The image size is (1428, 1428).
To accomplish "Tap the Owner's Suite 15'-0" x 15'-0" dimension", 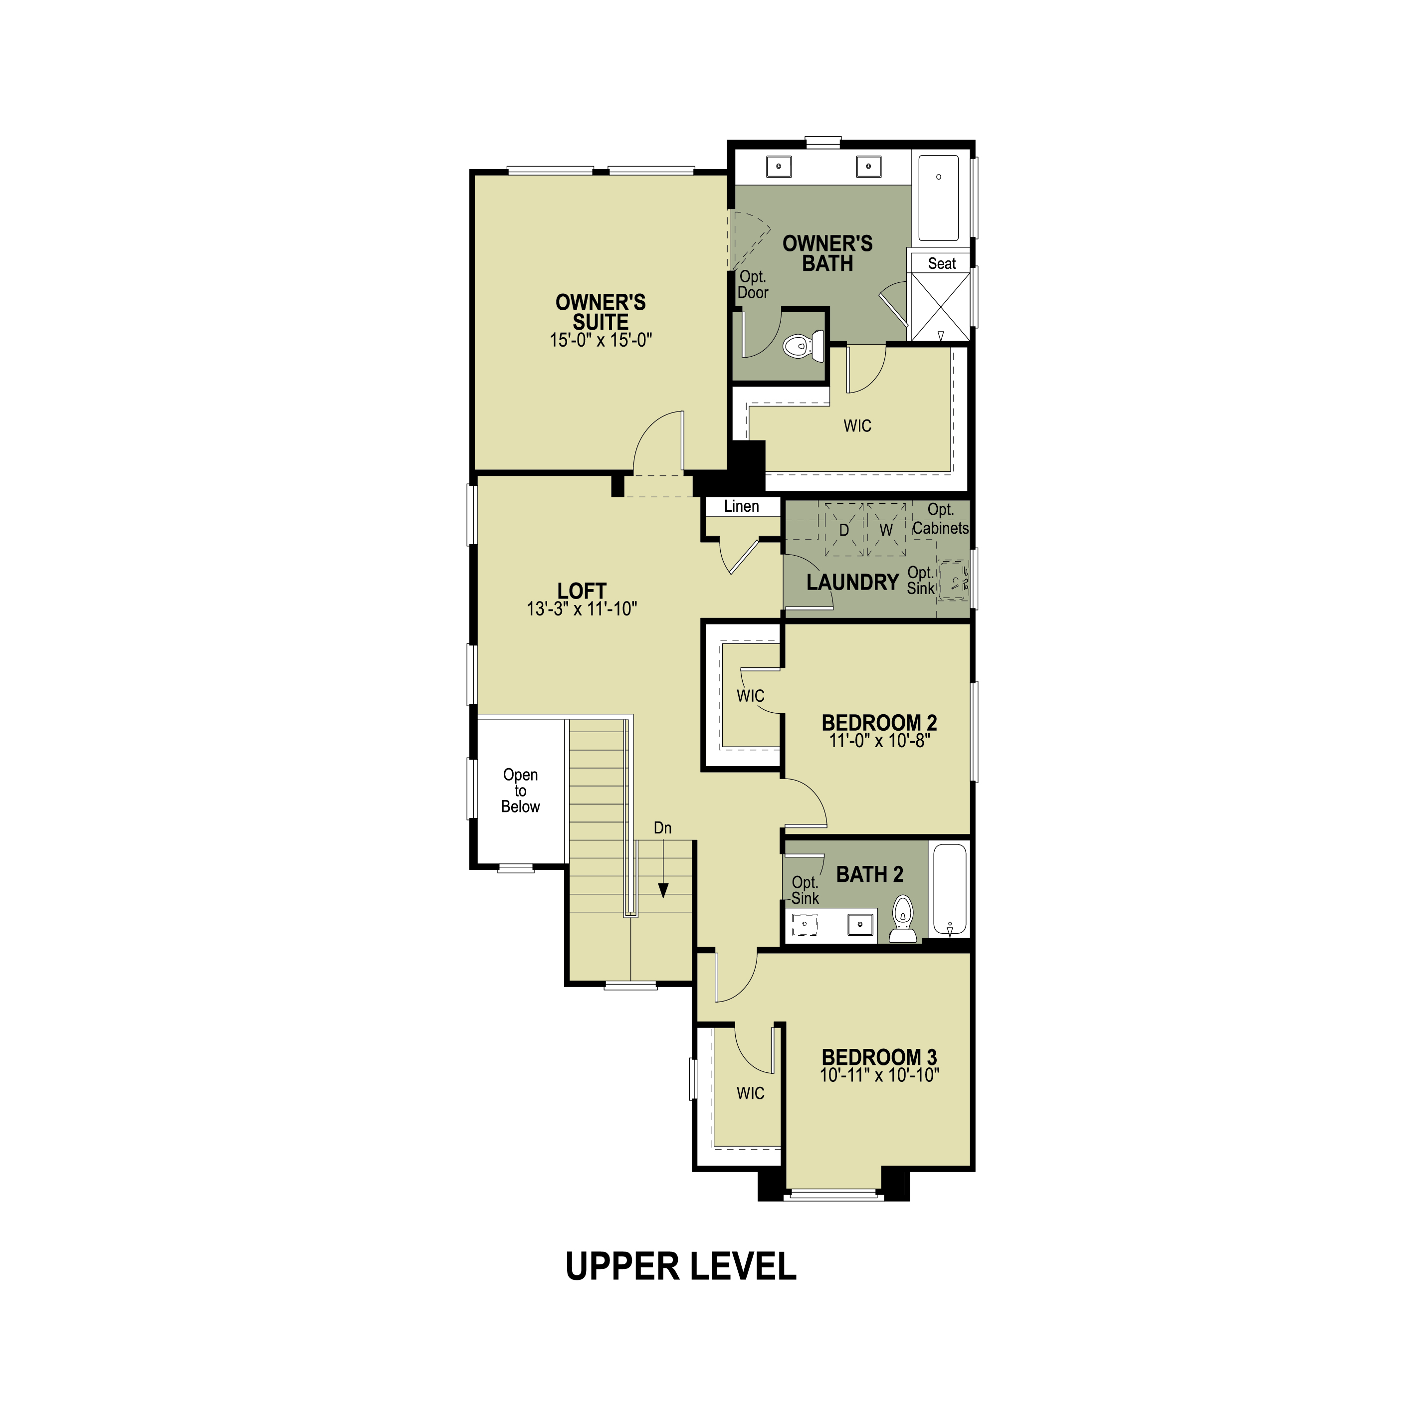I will tap(600, 341).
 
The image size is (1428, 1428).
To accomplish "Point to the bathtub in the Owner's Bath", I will tap(939, 198).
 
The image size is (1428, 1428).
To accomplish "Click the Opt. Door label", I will tap(753, 285).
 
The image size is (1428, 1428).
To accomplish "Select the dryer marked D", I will tap(843, 530).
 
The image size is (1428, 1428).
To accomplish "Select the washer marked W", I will tap(885, 530).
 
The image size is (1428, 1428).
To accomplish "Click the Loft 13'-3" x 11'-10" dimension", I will tap(582, 609).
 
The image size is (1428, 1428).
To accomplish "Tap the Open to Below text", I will tap(520, 791).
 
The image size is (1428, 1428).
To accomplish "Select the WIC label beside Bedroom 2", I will tap(750, 696).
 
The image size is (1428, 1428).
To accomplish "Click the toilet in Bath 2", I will tap(902, 919).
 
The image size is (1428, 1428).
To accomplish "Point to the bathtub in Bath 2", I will tap(950, 891).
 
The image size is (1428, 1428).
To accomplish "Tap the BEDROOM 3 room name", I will tap(879, 1057).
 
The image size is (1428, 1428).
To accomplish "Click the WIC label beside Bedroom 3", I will tap(750, 1093).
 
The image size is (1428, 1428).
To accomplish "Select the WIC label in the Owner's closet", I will tap(857, 426).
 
